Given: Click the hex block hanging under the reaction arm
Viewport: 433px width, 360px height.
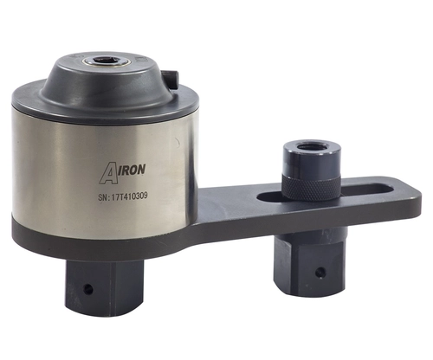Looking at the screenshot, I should (302, 264).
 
